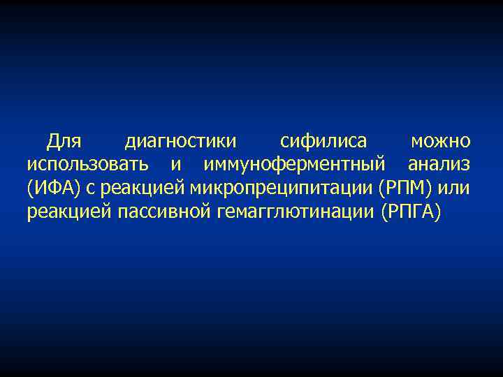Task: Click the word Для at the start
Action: [64, 142]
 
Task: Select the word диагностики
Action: [181, 142]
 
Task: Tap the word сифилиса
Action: [323, 142]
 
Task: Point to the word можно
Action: [440, 142]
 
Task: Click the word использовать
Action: [87, 165]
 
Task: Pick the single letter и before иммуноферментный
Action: [175, 165]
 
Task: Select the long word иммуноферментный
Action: [294, 165]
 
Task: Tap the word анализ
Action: [439, 165]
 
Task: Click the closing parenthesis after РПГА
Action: [438, 212]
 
